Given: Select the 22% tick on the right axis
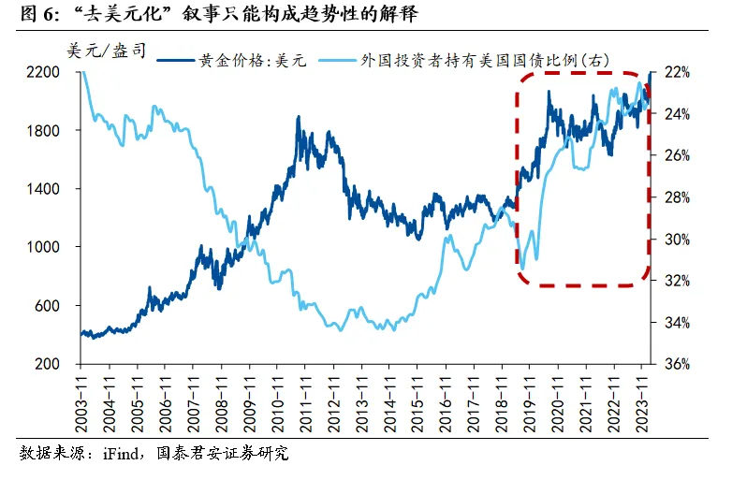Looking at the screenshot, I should (676, 72).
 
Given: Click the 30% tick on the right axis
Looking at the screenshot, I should (676, 239).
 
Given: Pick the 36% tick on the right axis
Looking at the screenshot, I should (676, 364).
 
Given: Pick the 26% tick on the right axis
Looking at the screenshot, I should (676, 155).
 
